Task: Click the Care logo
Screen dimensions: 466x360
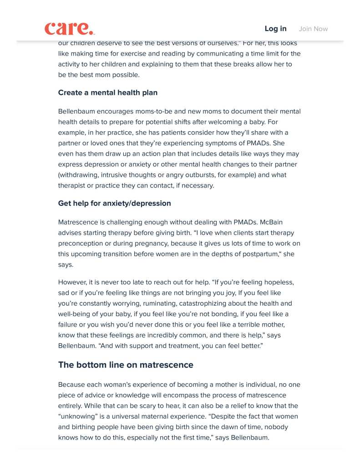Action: click(x=70, y=29)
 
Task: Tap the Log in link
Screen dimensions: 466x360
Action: click(x=275, y=29)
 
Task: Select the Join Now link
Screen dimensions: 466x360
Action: click(x=313, y=29)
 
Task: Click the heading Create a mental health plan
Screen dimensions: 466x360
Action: click(x=107, y=92)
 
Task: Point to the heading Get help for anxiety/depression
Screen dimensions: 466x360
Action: click(x=114, y=203)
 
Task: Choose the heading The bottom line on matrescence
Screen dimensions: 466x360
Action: click(x=126, y=365)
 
